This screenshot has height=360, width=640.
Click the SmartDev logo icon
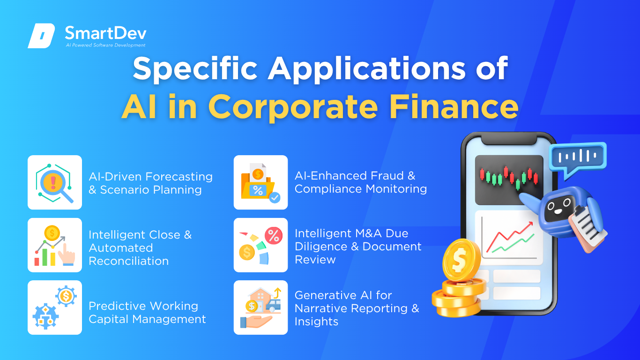[41, 36]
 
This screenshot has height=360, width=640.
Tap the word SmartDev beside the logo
[106, 33]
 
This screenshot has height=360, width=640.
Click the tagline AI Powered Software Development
[106, 45]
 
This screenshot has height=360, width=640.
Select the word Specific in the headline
[195, 68]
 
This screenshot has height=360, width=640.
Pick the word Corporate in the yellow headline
[293, 108]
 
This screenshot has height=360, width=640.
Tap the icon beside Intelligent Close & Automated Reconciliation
[55, 245]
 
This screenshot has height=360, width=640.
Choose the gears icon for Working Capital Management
[55, 307]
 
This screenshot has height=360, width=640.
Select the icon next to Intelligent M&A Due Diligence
[260, 245]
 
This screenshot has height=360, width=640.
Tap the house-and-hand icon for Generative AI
[260, 307]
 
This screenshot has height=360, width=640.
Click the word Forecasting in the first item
[179, 177]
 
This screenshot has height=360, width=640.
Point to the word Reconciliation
[128, 261]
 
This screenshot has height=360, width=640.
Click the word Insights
[316, 322]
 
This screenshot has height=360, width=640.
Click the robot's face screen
[558, 208]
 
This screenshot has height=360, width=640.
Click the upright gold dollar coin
[461, 260]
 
